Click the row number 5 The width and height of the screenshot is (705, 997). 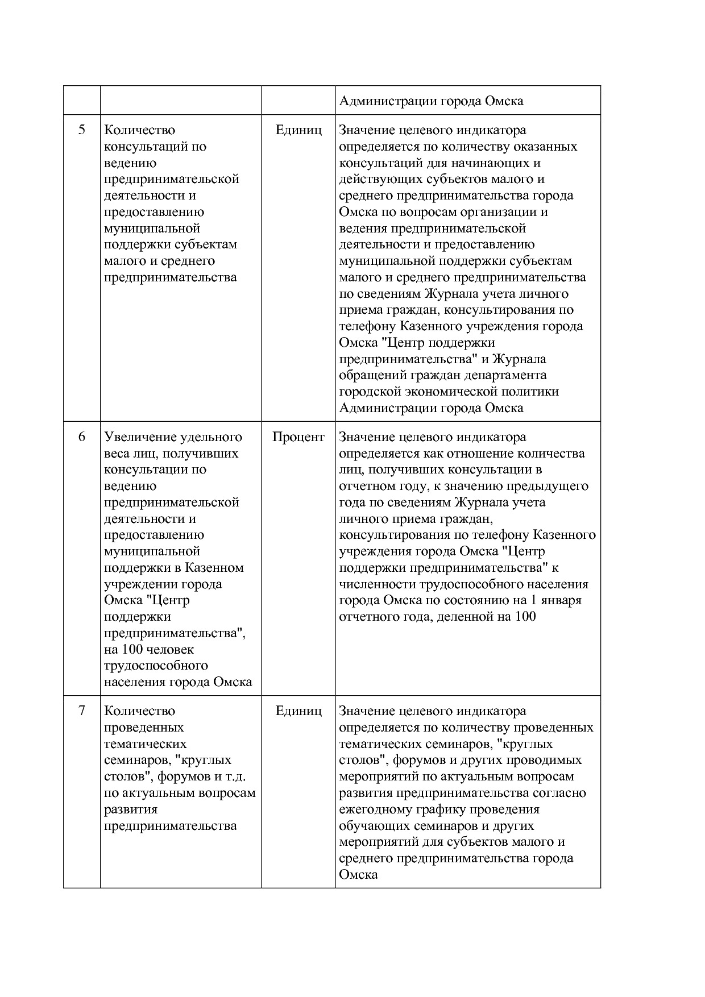[x=82, y=130]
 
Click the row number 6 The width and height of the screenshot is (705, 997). [x=82, y=437]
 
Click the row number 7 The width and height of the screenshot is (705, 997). [x=82, y=711]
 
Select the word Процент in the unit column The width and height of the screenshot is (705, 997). [x=298, y=437]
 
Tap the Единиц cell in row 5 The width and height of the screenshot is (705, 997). [x=298, y=130]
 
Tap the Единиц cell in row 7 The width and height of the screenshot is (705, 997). [x=298, y=711]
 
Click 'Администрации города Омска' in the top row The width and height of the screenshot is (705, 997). [x=431, y=101]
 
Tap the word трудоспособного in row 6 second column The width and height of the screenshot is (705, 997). [x=156, y=666]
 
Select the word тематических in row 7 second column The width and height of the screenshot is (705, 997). [x=145, y=744]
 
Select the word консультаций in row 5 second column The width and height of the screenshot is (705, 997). [x=145, y=147]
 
